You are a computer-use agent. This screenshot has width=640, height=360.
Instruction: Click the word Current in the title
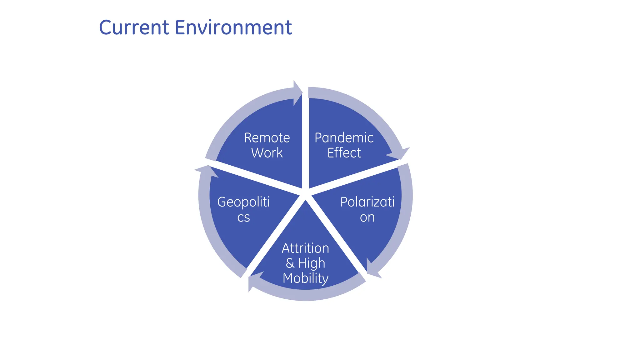[x=134, y=27]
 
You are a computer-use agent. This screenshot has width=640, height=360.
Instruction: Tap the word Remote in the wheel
[x=267, y=138]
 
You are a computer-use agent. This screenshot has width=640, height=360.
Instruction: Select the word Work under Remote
[x=267, y=153]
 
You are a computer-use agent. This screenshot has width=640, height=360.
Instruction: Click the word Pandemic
[x=344, y=138]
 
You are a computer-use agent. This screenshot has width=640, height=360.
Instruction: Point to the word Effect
[x=344, y=153]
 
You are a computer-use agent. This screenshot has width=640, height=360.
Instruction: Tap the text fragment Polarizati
[x=367, y=202]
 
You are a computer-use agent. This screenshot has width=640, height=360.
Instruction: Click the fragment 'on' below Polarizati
[x=367, y=217]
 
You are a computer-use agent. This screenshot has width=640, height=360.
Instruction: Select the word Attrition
[x=305, y=248]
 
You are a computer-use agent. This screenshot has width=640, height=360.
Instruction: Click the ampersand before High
[x=290, y=263]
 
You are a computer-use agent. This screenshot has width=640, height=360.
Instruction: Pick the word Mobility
[x=305, y=278]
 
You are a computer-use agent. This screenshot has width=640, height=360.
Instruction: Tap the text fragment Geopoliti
[x=243, y=202]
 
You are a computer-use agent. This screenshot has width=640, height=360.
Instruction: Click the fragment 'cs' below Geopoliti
[x=243, y=217]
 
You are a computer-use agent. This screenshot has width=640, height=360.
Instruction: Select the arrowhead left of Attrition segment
[x=254, y=281]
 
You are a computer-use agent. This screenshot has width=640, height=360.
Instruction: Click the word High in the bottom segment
[x=312, y=263]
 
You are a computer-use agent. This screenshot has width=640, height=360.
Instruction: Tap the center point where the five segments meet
[x=305, y=194]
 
